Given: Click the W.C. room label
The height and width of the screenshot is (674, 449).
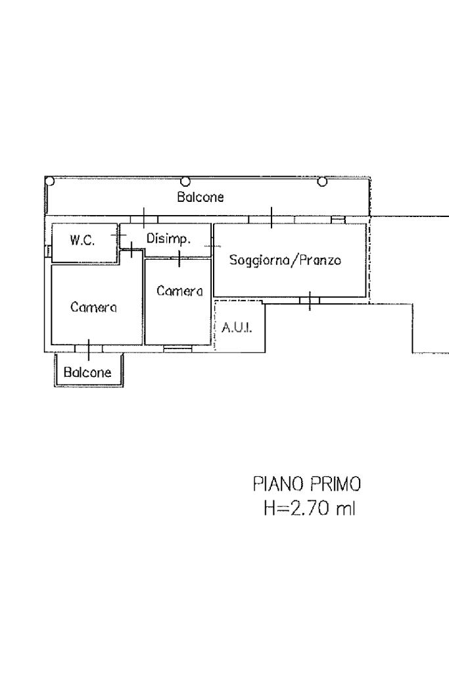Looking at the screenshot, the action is tap(82, 240).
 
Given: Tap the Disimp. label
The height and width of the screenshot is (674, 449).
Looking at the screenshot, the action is tap(168, 239).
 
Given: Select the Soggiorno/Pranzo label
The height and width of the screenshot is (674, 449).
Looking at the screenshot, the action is tap(285, 260).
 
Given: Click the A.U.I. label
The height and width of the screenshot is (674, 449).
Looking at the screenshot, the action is tap(237, 328).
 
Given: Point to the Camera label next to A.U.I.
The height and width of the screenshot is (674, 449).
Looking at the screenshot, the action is tap(179, 291).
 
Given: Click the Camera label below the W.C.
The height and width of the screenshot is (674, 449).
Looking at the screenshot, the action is tap(93, 307).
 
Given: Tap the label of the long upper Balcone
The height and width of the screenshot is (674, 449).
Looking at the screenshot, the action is tap(201, 197).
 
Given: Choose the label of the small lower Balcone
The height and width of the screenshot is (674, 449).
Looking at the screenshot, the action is tap(87, 372).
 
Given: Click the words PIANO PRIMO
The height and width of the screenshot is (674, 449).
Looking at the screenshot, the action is tap(307, 485).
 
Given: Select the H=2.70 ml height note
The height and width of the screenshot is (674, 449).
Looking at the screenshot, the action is tap(310, 509).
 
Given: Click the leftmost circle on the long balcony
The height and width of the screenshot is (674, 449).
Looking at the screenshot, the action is tap(50, 181).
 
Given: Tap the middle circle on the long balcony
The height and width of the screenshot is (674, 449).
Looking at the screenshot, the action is tap(185, 181).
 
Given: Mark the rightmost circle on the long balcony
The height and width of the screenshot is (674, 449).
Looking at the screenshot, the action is tap(322, 182).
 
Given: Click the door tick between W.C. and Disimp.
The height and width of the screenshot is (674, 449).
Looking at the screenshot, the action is tap(118, 235).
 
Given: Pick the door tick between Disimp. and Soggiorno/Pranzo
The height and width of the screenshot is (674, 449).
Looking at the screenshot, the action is tap(212, 247).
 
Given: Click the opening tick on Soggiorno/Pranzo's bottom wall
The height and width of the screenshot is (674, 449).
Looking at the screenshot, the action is tap(310, 301).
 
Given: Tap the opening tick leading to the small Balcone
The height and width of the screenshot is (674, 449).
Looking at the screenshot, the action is tap(89, 350).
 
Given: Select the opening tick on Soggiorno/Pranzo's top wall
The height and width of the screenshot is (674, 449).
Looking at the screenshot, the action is tap(271, 218).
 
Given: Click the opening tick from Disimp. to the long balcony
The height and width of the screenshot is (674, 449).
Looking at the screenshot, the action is tap(144, 218).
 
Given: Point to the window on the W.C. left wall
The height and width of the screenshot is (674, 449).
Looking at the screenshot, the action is tap(48, 251).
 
